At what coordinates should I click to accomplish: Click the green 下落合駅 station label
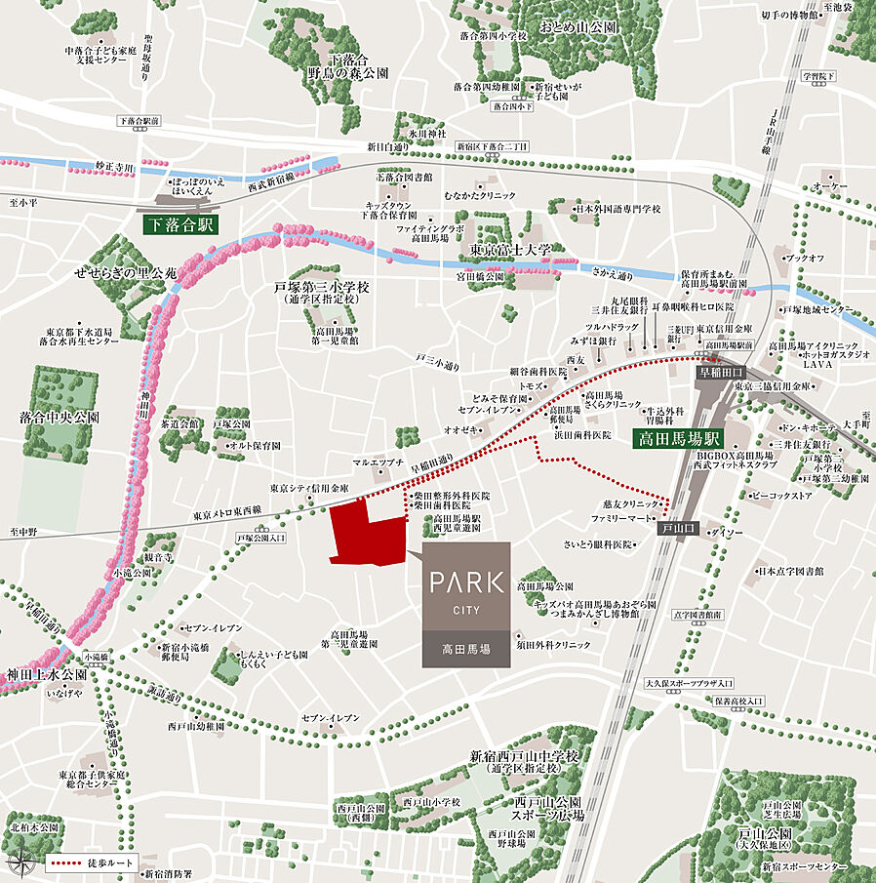tap(179, 224)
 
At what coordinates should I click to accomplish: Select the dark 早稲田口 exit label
tap(720, 372)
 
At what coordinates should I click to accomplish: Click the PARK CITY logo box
tap(466, 604)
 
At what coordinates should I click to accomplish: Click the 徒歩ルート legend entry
tap(94, 864)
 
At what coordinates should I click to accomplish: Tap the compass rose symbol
tap(20, 863)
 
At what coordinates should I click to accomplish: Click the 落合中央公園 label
tap(60, 417)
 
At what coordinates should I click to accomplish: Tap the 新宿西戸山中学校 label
tap(524, 756)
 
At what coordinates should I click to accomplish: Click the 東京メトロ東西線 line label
tap(228, 512)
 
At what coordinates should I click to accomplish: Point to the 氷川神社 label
tap(426, 133)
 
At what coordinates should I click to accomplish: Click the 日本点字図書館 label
tap(790, 572)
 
